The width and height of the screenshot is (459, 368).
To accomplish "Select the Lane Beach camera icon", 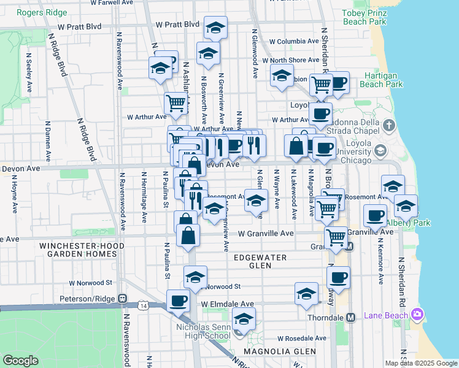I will pyautogui.click(x=417, y=314).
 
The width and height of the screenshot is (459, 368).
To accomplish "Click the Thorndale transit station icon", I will pyautogui.click(x=350, y=318).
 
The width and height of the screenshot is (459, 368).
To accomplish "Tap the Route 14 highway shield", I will pyautogui.click(x=143, y=305).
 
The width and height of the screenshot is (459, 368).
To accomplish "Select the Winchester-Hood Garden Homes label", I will pyautogui.click(x=82, y=250).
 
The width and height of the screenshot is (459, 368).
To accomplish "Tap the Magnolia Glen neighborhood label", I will pyautogui.click(x=271, y=351).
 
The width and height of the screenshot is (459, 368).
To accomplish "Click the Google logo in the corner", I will pyautogui.click(x=20, y=361).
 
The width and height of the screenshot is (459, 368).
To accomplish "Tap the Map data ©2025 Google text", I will pyautogui.click(x=420, y=363).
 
